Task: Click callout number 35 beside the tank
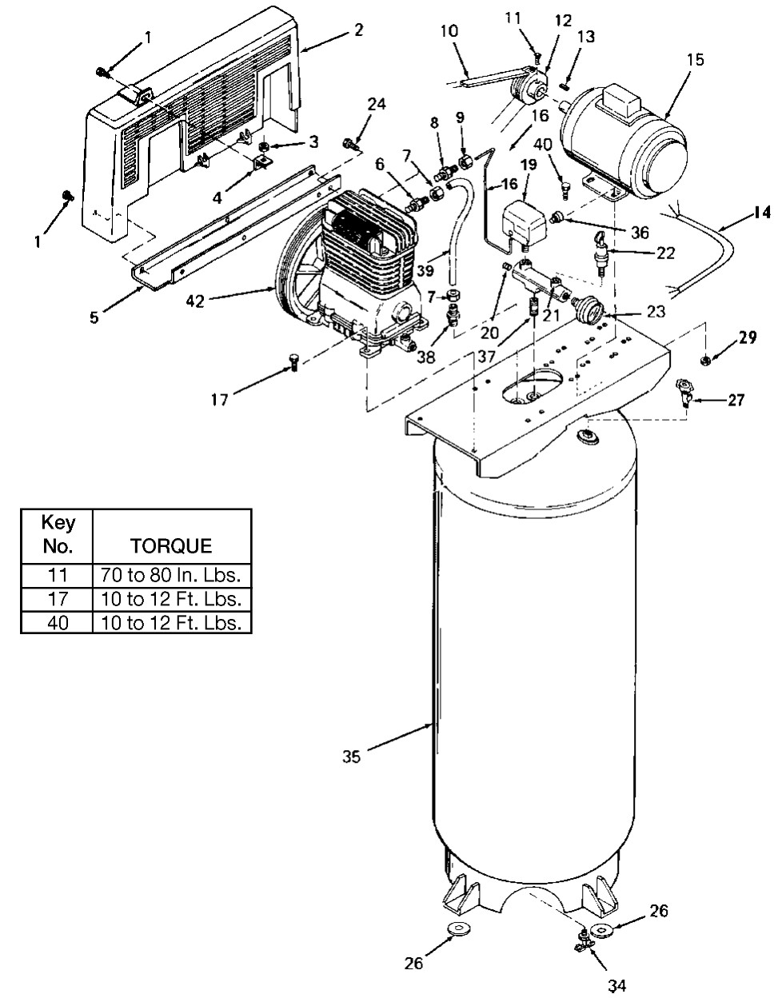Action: coord(351,756)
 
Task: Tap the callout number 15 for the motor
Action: coord(695,60)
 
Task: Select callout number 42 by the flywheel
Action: coord(195,301)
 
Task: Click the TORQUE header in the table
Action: coord(171,545)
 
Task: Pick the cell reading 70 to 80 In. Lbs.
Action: coord(171,576)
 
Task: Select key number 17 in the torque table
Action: coord(58,599)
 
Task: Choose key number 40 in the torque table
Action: coord(58,623)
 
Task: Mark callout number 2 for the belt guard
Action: coord(359,30)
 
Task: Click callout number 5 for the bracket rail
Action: coord(94,317)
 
